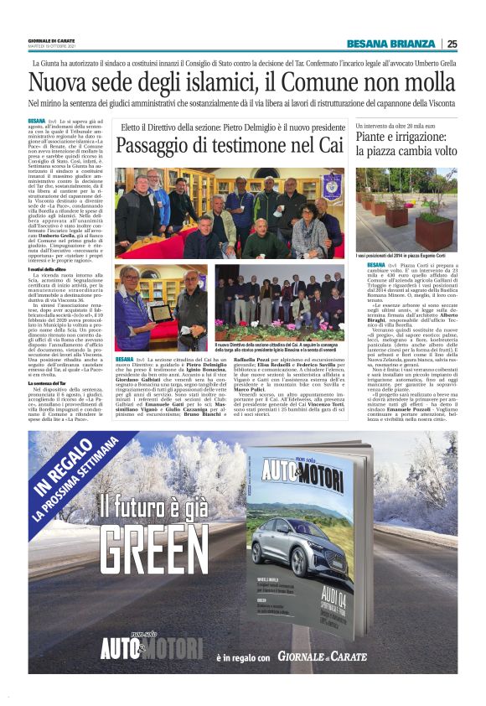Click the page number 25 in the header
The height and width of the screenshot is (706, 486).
[452, 44]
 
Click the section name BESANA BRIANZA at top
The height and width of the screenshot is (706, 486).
[390, 44]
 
